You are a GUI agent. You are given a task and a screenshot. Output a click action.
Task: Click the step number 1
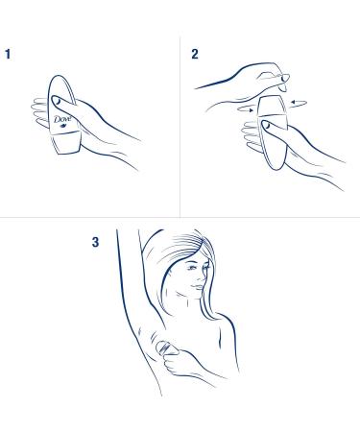(8, 54)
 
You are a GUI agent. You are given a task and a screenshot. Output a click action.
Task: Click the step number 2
(195, 54)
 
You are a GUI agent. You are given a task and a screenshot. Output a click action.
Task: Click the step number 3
(95, 242)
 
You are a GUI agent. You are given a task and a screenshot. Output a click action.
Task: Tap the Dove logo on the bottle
(62, 119)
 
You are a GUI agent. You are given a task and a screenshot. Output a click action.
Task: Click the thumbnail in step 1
(58, 101)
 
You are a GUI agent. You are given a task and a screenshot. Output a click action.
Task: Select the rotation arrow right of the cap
(299, 103)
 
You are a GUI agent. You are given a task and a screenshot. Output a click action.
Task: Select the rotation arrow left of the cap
(246, 109)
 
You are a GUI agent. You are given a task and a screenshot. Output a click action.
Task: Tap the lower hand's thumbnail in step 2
(266, 126)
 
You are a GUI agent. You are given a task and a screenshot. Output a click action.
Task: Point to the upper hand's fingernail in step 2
(284, 78)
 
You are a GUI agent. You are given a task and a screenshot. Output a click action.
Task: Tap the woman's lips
(197, 287)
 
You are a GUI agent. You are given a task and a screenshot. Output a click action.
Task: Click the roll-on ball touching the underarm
(163, 348)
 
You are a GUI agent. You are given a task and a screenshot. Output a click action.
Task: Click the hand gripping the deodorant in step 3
(179, 363)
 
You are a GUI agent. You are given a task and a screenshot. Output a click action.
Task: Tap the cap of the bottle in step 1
(66, 144)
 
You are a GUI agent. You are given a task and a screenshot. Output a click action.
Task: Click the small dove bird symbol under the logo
(62, 126)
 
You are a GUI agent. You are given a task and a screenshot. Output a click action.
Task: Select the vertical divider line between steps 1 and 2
(180, 128)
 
